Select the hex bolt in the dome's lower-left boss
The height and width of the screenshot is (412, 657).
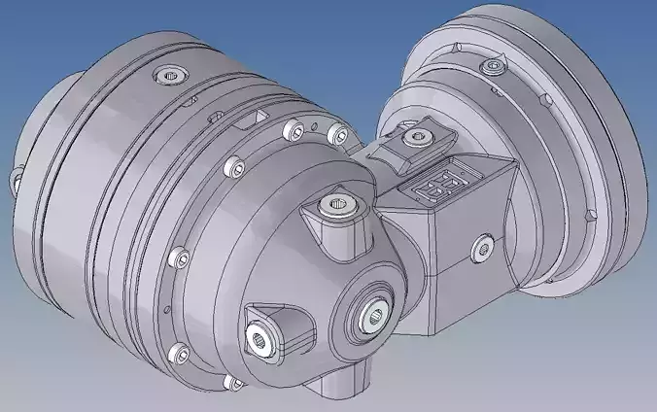tap(259, 334)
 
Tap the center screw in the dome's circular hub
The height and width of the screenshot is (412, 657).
tap(374, 312)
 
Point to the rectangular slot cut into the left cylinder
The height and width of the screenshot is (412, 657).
tap(256, 118)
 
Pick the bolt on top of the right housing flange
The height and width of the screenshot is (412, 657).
tap(494, 67)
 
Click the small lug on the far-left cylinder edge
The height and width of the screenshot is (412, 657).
tap(16, 179)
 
